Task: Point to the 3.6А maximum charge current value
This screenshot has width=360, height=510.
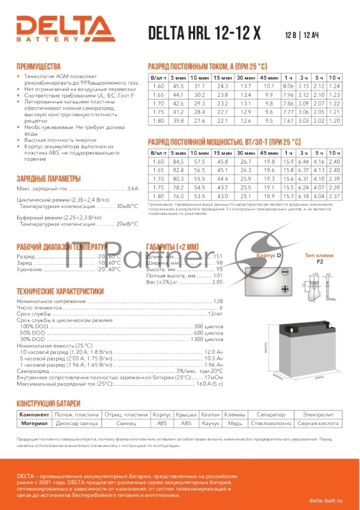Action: coord(132,189)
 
